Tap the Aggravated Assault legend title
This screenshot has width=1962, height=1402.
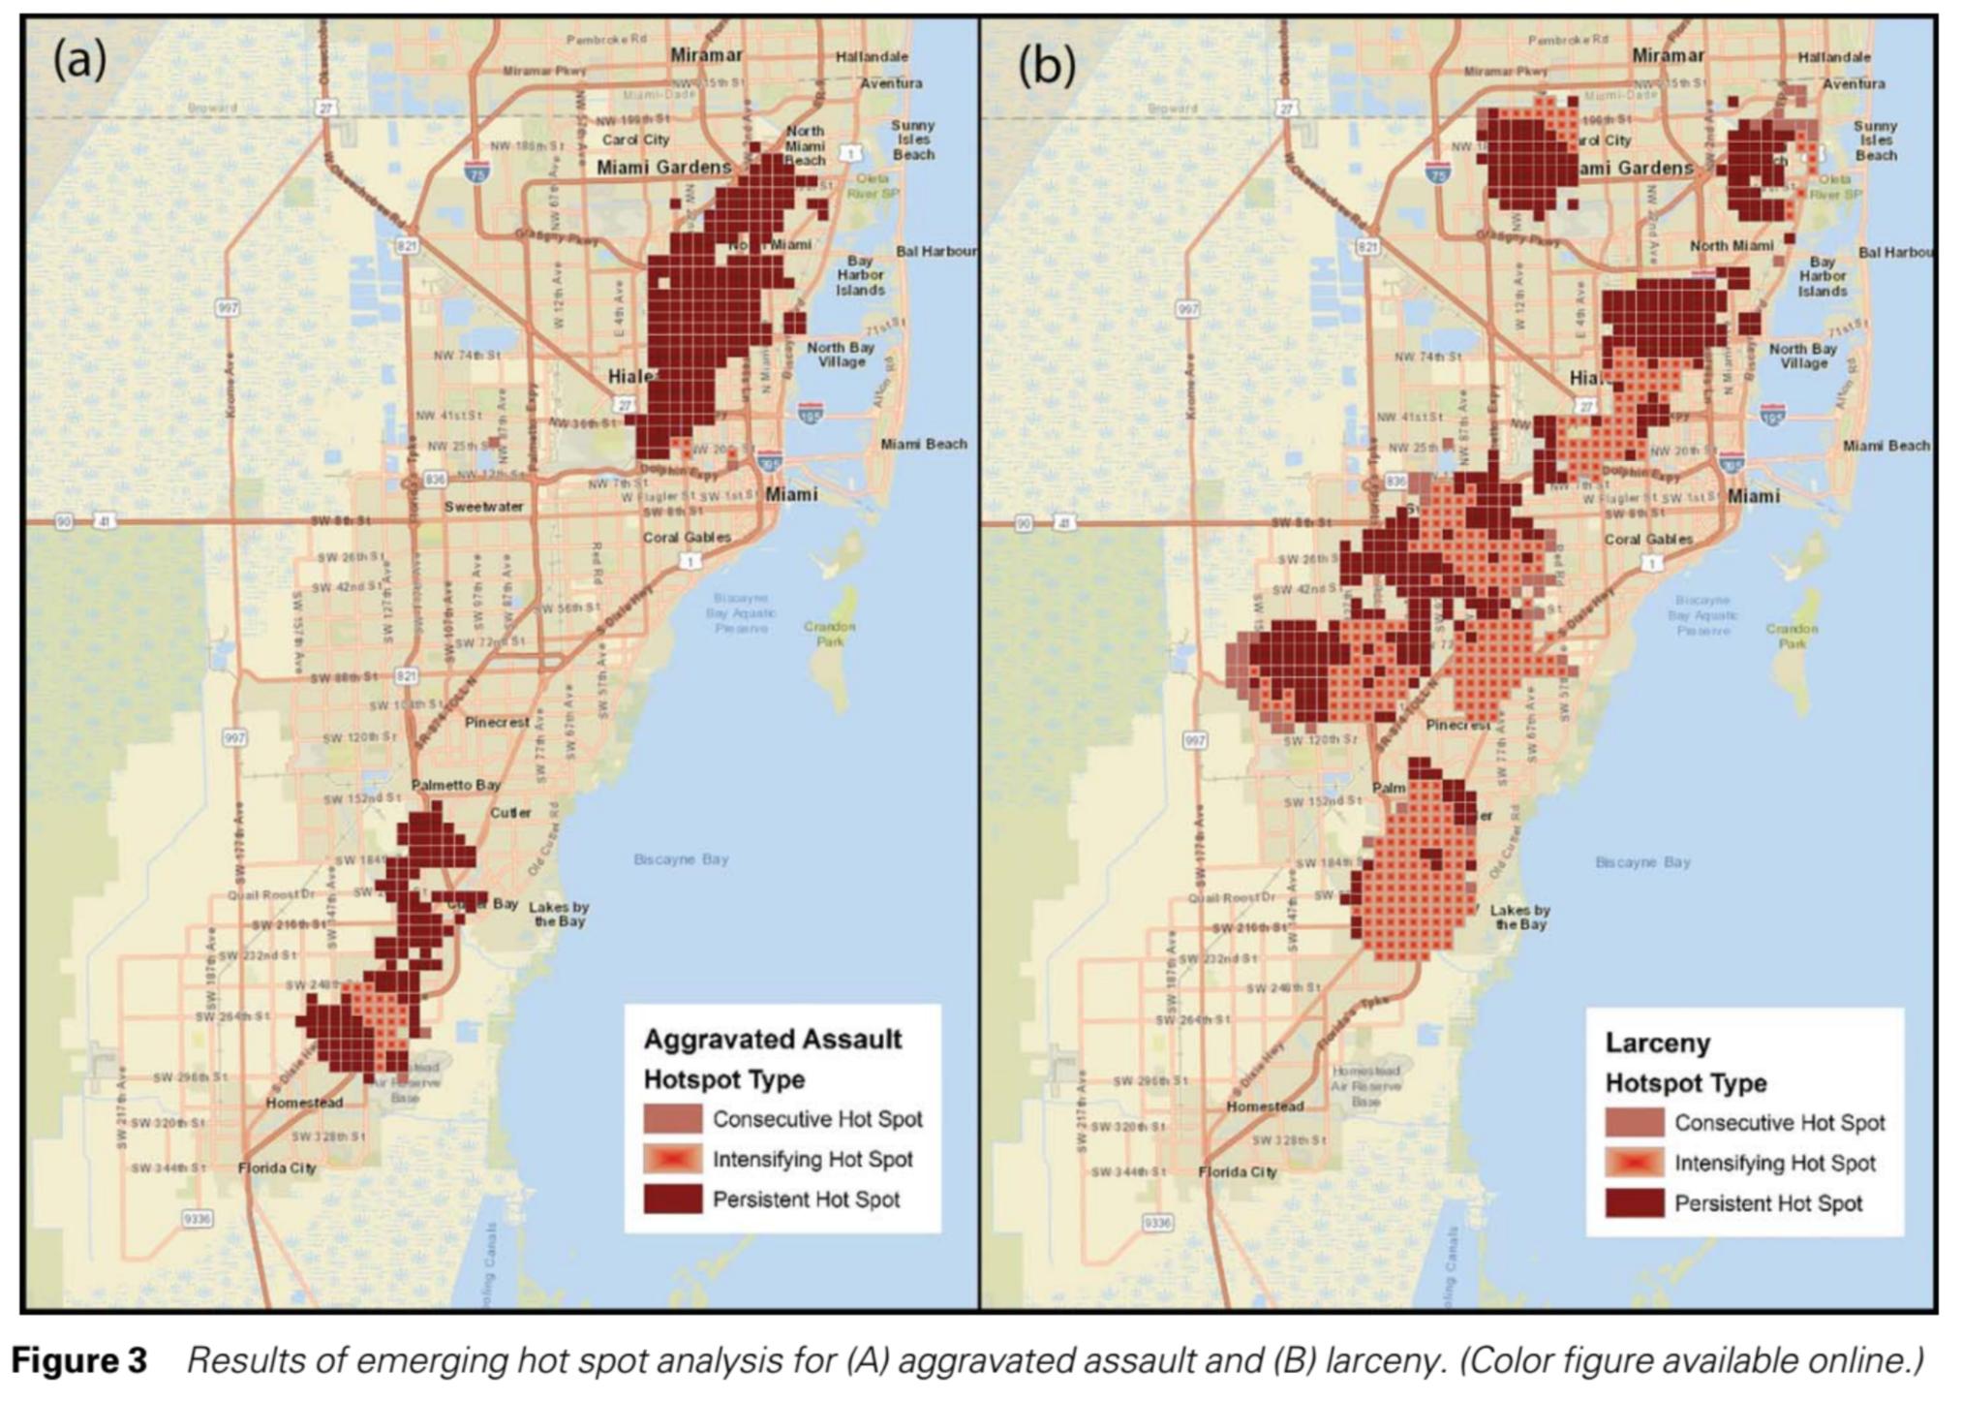(772, 1040)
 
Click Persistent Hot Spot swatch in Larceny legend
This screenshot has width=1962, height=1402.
(1634, 1203)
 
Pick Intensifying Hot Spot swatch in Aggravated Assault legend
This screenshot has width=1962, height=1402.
(672, 1159)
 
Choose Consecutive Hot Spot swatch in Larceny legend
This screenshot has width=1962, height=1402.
(1634, 1123)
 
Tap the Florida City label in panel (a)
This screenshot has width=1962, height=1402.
(277, 1168)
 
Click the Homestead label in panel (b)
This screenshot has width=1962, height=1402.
(1264, 1106)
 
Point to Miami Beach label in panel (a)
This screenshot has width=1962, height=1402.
(923, 444)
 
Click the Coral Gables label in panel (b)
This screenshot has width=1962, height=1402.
(1648, 539)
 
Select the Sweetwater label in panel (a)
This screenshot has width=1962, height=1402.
(483, 507)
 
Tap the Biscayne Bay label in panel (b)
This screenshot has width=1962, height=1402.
(1642, 861)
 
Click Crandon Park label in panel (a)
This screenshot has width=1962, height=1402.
(829, 634)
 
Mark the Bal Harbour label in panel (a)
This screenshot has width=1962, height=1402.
(935, 251)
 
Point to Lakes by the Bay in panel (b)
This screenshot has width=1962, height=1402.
(1518, 917)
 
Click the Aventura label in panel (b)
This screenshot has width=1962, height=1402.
(1854, 83)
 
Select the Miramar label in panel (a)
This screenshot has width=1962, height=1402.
(706, 55)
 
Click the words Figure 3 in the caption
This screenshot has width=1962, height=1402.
(78, 1360)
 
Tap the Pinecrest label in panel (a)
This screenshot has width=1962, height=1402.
(497, 722)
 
